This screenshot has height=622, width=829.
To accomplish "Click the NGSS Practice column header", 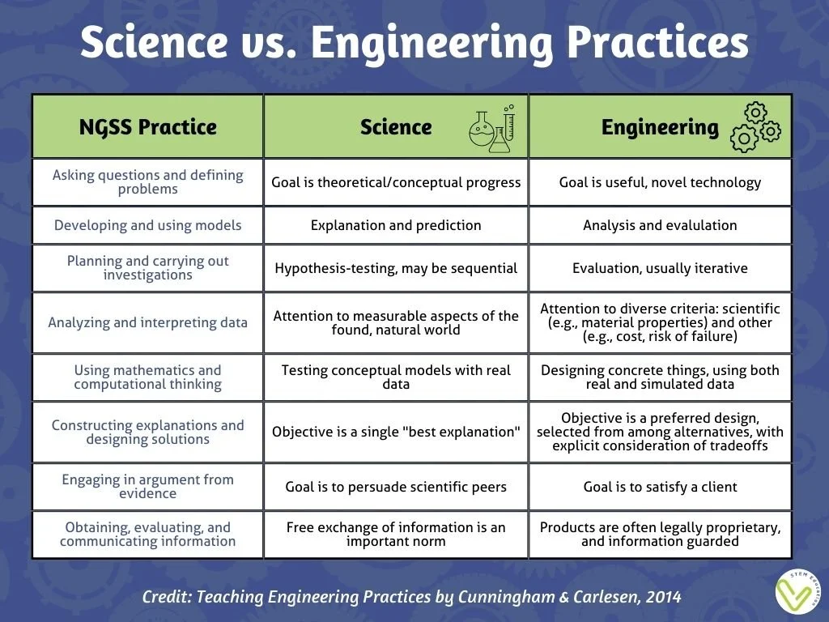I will (147, 127).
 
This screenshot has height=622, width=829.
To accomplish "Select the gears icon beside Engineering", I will (755, 127).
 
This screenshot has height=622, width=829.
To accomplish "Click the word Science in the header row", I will (396, 127).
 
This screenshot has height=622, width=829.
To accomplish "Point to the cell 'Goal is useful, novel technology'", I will (660, 182).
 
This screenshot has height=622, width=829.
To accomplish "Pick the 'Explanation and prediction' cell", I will (396, 225).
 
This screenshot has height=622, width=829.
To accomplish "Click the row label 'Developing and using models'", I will (147, 225).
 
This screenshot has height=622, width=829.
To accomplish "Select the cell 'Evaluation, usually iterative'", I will (660, 268).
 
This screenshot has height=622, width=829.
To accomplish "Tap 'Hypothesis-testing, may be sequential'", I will (396, 268).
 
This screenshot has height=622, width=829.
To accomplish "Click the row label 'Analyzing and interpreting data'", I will (147, 322).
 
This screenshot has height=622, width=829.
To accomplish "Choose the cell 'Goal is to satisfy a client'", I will (660, 487).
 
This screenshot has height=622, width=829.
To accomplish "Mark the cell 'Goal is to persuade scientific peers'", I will (396, 487).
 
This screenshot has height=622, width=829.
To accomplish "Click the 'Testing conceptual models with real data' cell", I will (396, 377).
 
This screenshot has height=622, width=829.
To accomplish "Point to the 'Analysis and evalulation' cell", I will (660, 225).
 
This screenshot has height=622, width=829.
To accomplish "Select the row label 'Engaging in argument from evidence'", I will (147, 486).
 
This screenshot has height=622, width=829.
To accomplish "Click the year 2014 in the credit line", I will (663, 598).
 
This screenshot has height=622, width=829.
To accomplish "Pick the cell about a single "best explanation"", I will (396, 432).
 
